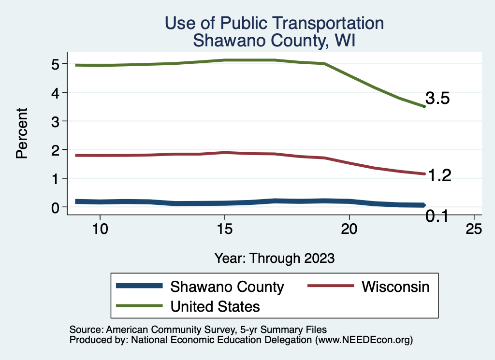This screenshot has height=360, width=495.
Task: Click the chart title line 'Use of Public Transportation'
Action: [x=274, y=23]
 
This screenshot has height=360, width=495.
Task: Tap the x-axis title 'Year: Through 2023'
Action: [x=274, y=258]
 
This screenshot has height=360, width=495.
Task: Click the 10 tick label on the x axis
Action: [x=100, y=230]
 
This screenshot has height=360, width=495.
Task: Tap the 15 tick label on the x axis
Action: [x=224, y=230]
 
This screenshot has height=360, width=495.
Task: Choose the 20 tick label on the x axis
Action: [x=349, y=230]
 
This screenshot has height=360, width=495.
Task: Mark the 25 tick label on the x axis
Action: [x=474, y=230]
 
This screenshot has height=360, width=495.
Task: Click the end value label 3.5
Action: [x=437, y=99]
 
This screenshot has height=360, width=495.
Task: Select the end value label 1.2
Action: [x=439, y=176]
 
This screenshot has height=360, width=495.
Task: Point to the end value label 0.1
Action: [x=437, y=217]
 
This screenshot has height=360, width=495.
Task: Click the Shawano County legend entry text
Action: [x=227, y=287]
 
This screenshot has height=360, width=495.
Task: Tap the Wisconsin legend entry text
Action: [x=395, y=287]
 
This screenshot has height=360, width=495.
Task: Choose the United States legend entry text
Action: [x=215, y=306]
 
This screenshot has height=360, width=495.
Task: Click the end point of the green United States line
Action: [x=424, y=106]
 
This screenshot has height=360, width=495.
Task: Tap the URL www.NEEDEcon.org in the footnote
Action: [x=364, y=340]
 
